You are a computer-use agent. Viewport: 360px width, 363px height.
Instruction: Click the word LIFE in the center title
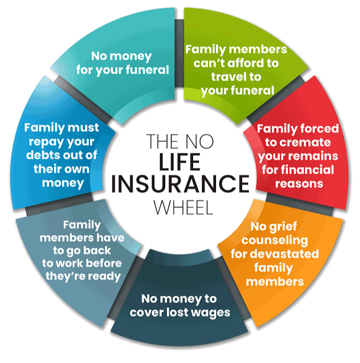point(179,162)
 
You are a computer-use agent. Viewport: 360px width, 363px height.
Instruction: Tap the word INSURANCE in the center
point(180,184)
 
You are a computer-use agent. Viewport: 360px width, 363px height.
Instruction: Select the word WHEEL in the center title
point(183,207)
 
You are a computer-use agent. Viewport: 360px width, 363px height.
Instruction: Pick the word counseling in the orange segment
point(274,241)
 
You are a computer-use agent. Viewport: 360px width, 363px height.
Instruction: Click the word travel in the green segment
point(226,76)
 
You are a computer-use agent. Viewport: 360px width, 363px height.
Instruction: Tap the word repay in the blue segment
point(42,142)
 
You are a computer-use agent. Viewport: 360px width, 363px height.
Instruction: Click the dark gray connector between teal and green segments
point(179,53)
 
